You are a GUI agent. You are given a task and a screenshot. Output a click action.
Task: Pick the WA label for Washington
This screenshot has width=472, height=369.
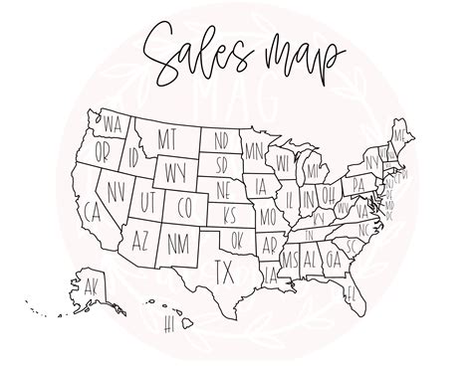pos(112,125)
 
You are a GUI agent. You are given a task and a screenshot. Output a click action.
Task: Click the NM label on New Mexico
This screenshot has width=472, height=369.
pos(178,240)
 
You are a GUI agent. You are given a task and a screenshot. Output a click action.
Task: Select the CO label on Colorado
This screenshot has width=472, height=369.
pos(184,208)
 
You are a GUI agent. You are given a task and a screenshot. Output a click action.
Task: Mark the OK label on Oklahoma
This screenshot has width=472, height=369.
pos(236,239)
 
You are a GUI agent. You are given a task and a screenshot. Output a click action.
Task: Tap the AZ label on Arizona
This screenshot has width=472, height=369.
pos(140,240)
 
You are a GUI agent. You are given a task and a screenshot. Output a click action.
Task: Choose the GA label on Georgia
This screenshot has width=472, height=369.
pos(334,259)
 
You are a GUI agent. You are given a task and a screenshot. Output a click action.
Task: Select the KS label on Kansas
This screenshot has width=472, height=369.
pos(232,215)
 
